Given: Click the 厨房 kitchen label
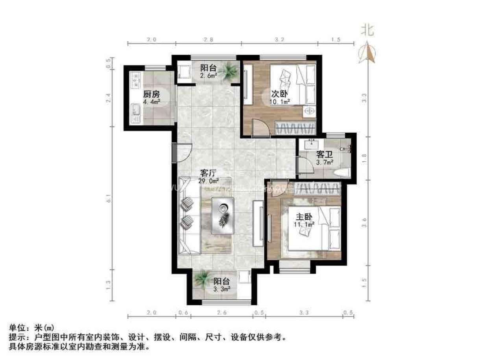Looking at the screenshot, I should tap(151, 94).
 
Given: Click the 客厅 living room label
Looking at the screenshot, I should tap(209, 173).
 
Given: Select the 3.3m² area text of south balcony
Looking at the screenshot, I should tap(222, 289).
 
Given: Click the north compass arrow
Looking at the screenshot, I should tap(367, 53).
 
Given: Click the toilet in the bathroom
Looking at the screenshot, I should tap(343, 172).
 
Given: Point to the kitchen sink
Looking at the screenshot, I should tap(136, 112).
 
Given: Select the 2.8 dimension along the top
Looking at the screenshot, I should tap(209, 40).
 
